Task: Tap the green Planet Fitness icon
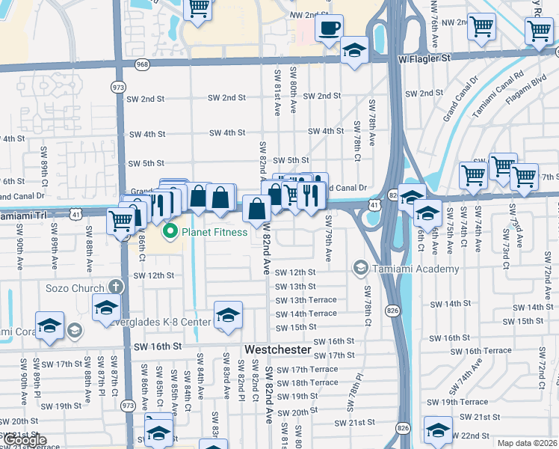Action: pyautogui.click(x=170, y=232)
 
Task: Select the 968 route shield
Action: pyautogui.click(x=142, y=65)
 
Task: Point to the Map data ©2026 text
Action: pyautogui.click(x=527, y=443)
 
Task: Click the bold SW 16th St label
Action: pyautogui.click(x=158, y=347)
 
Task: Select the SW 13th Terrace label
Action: pyautogui.click(x=306, y=300)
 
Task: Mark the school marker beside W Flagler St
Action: pyautogui.click(x=354, y=51)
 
